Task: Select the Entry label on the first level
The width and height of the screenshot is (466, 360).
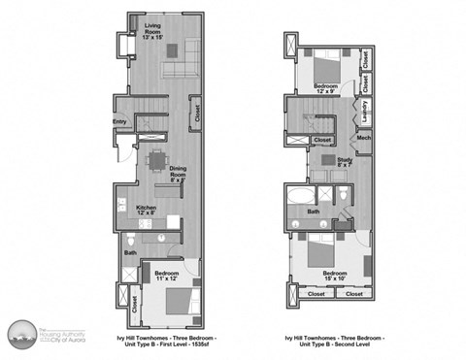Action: (x=119, y=121)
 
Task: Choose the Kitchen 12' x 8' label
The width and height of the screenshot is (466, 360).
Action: (x=146, y=210)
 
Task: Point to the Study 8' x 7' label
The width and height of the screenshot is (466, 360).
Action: (x=345, y=161)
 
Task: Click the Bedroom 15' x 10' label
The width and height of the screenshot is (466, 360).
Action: (x=334, y=276)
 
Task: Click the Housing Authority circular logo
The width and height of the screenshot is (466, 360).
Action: (x=20, y=333)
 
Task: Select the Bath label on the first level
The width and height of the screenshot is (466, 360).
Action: (x=130, y=253)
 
